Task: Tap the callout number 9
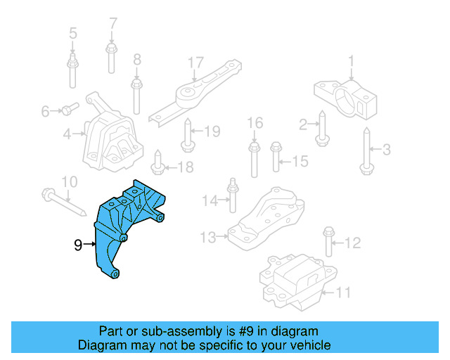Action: pyautogui.click(x=78, y=245)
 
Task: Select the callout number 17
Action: pyautogui.click(x=195, y=63)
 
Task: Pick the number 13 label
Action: pyautogui.click(x=207, y=238)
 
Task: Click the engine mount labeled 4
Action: pyautogui.click(x=112, y=141)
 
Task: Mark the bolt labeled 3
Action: pyautogui.click(x=366, y=149)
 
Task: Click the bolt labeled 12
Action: pyautogui.click(x=328, y=243)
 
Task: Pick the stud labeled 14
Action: pyautogui.click(x=231, y=200)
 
